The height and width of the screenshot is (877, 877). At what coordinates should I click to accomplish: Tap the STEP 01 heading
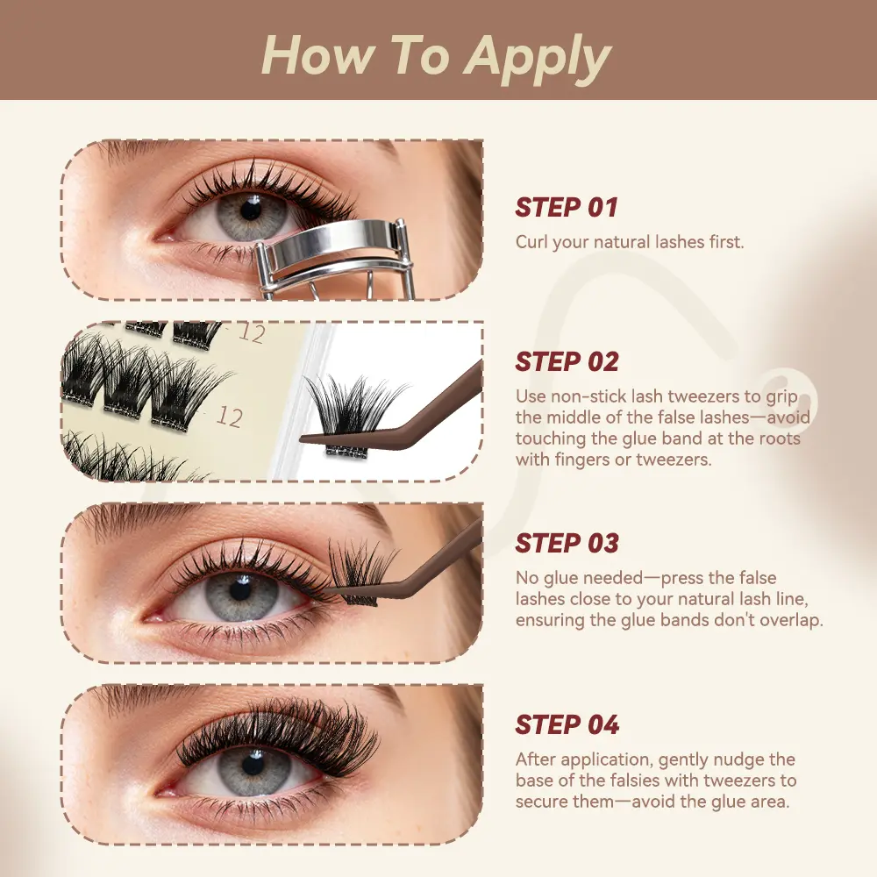pos(566,208)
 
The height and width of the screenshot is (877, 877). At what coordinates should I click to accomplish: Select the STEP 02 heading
pos(567,362)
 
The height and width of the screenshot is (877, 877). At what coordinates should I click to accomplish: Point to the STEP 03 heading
pos(567,543)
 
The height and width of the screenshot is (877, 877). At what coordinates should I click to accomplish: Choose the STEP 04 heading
pos(567,725)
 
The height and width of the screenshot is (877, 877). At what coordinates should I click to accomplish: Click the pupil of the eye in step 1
pos(251,210)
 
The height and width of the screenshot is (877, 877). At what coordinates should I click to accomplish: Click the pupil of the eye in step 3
pos(240,589)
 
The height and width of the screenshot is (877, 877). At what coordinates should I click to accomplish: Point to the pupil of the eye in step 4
pos(253,764)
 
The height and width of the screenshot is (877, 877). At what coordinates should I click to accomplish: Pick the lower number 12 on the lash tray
pos(229,417)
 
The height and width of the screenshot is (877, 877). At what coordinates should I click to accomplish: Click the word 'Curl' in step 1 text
pos(531,242)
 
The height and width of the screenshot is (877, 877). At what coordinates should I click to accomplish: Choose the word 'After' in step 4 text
pos(536,759)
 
